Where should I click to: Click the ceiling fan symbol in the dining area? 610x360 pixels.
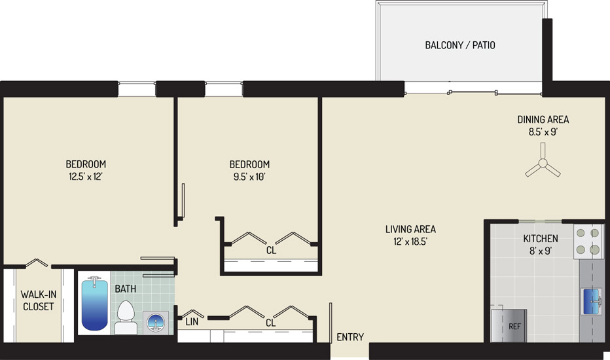pyautogui.click(x=543, y=163)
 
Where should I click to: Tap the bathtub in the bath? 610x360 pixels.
pyautogui.click(x=94, y=303)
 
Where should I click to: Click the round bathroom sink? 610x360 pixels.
pyautogui.click(x=156, y=323)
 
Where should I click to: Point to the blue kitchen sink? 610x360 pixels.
pyautogui.click(x=591, y=301)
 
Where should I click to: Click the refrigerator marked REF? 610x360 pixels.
pyautogui.click(x=509, y=326)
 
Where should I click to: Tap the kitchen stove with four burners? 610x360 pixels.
pyautogui.click(x=588, y=242)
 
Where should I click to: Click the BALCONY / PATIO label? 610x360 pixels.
pyautogui.click(x=460, y=45)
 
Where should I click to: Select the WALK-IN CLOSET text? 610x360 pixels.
pyautogui.click(x=38, y=300)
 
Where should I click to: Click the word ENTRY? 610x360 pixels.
pyautogui.click(x=350, y=337)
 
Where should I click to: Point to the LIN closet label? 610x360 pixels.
pyautogui.click(x=192, y=322)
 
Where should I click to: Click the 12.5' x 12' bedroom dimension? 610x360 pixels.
pyautogui.click(x=86, y=177)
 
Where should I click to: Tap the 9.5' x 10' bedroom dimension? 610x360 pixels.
pyautogui.click(x=249, y=177)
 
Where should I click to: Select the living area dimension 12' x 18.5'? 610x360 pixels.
pyautogui.click(x=410, y=242)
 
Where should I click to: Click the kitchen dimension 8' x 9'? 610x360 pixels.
pyautogui.click(x=541, y=251)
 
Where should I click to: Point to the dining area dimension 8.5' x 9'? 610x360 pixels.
pyautogui.click(x=543, y=132)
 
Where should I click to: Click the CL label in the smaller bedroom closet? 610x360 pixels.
pyautogui.click(x=271, y=250)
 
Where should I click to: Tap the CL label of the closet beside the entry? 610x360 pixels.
pyautogui.click(x=270, y=323)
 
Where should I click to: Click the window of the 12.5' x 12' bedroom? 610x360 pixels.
pyautogui.click(x=137, y=89)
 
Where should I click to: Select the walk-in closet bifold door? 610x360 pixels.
pyautogui.click(x=37, y=263)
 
